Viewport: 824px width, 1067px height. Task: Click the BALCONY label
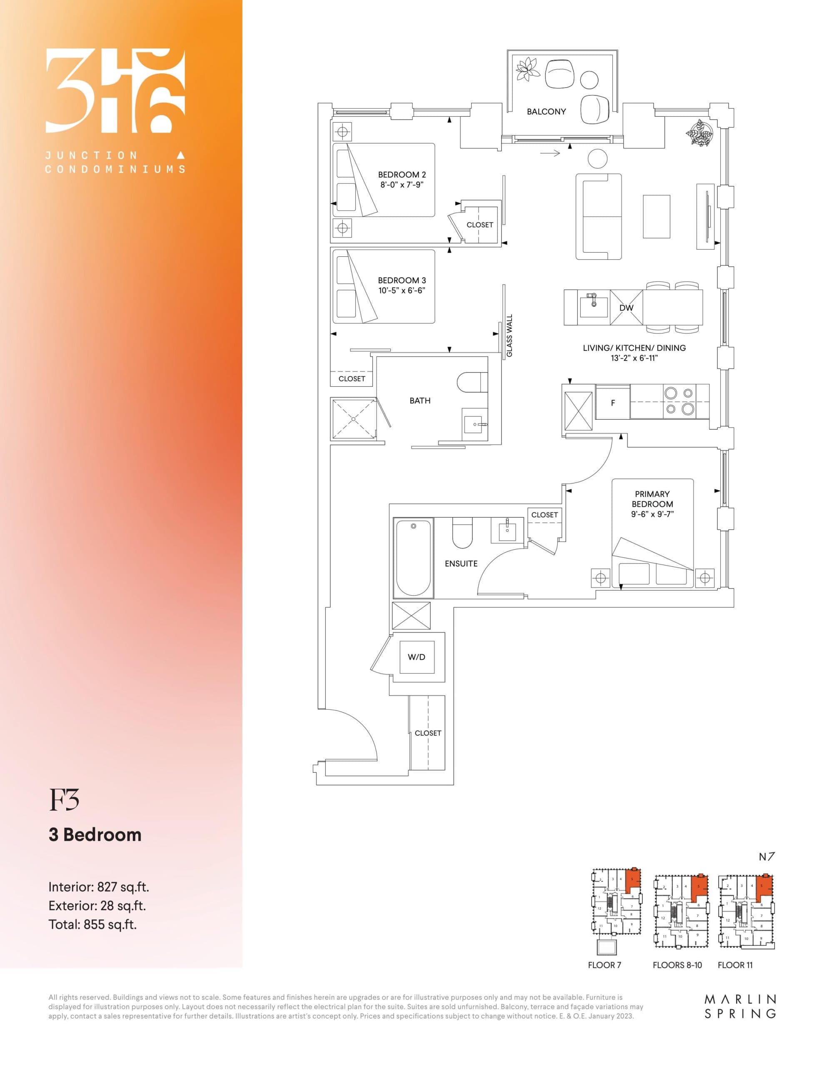(546, 112)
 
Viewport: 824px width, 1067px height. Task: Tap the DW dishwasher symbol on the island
(626, 308)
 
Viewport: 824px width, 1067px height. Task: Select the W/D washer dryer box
(416, 657)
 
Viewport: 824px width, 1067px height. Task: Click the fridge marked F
(613, 403)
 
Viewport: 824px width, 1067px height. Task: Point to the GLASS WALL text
(509, 335)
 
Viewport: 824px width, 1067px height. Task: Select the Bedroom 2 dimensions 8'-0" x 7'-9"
(402, 185)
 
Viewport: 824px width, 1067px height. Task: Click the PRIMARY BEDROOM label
(652, 499)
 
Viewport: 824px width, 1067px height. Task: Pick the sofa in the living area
(598, 216)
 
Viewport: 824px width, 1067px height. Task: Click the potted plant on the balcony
(527, 69)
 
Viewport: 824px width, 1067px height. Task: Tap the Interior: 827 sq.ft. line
(99, 887)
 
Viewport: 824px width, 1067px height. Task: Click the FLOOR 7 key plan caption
(604, 965)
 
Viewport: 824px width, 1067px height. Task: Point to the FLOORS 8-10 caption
(677, 965)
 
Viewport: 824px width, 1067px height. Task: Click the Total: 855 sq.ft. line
(92, 924)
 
